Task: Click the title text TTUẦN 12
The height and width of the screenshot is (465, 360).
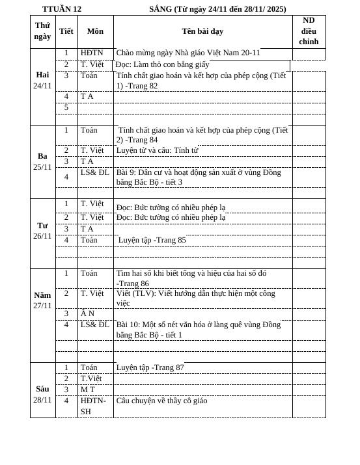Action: tap(62, 9)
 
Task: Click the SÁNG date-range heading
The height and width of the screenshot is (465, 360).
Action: tap(217, 9)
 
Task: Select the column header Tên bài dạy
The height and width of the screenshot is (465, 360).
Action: tap(202, 31)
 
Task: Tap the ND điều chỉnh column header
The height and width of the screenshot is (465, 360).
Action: tap(309, 31)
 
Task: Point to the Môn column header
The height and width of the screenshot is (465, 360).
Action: tap(95, 31)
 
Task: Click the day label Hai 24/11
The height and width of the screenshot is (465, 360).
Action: tap(42, 81)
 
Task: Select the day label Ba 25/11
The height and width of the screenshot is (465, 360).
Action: tap(42, 162)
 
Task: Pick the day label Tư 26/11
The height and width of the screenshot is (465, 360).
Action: tap(42, 231)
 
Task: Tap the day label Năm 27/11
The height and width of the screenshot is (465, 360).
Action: tap(42, 300)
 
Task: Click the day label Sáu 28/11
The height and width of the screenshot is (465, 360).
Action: tap(42, 394)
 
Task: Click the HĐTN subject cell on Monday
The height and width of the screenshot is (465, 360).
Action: tap(92, 53)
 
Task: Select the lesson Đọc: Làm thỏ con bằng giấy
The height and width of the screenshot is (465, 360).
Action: tap(163, 64)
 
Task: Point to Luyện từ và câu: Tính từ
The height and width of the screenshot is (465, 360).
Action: tap(157, 150)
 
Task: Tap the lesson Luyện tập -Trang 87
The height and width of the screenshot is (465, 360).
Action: tap(150, 367)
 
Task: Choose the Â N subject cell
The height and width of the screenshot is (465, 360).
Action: tap(87, 313)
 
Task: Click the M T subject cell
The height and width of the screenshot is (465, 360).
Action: tap(87, 390)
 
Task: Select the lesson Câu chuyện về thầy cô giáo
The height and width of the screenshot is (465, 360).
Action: tap(161, 401)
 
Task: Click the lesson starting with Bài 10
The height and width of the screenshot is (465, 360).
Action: tap(199, 330)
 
